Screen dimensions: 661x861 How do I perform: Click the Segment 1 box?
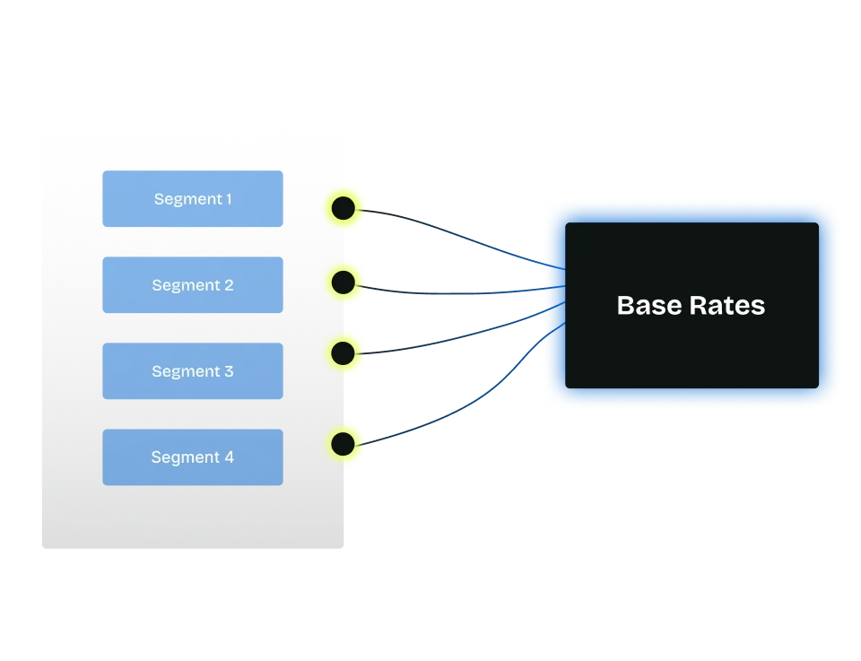193,199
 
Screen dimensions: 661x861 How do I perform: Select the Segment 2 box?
193,285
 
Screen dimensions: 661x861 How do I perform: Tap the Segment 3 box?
193,371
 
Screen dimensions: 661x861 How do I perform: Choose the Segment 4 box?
193,457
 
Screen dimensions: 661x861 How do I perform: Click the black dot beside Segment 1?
344,209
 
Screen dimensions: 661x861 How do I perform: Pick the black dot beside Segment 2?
344,283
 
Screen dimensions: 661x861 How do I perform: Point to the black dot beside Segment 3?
344,352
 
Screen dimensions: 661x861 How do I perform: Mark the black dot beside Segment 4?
344,442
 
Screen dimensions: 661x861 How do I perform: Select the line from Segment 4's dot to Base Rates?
448,422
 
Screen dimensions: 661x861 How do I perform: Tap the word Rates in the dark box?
727,306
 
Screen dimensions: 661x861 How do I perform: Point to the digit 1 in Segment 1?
228,199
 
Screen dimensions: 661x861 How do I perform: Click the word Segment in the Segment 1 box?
187,199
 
